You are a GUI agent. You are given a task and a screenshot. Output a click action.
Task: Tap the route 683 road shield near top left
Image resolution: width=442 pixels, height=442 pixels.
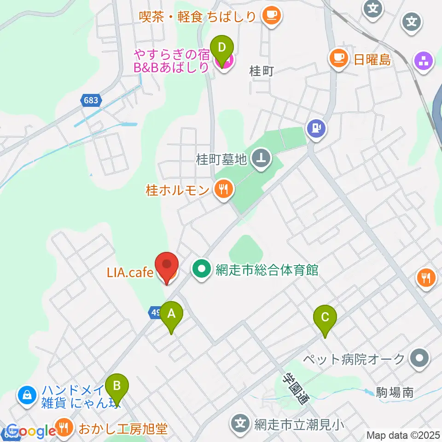coord(91,100)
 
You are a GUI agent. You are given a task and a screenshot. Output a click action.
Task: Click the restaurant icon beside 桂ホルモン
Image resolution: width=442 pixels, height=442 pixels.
coord(223,190)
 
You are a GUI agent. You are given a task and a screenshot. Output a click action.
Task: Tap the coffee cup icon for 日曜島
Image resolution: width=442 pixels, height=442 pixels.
coord(338,59)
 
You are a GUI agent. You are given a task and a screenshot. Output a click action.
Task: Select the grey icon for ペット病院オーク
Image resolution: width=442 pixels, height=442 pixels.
coord(419,359)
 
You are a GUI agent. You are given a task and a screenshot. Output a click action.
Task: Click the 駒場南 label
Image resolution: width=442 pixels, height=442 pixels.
coord(394,393)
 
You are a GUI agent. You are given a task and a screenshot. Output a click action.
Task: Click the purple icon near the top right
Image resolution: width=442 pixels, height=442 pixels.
coord(424,61)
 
